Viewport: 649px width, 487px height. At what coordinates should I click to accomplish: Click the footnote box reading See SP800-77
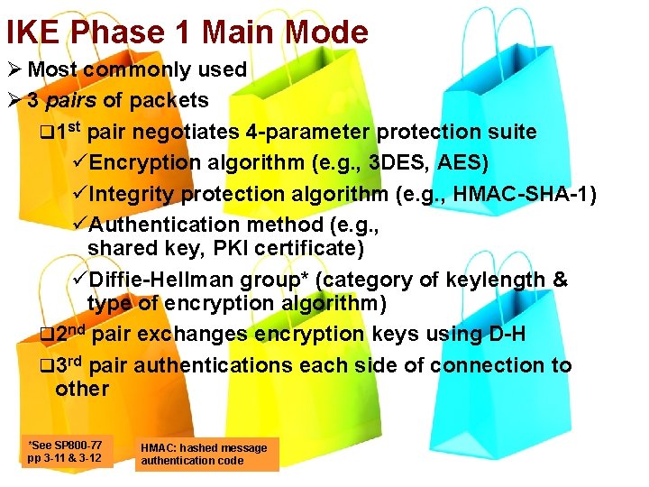(x=66, y=451)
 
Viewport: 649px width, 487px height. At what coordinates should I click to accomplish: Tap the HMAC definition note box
(x=206, y=454)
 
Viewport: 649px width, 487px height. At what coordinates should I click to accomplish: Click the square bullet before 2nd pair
(x=48, y=335)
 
